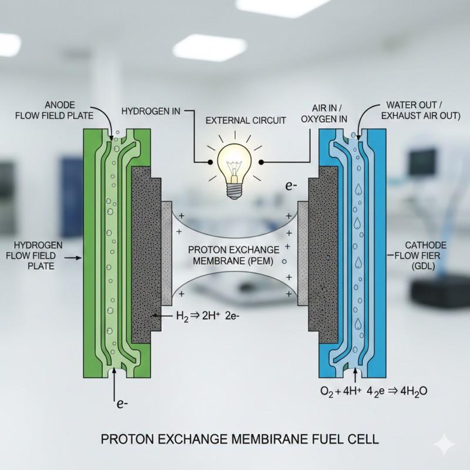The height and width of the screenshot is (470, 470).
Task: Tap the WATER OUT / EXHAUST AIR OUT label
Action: pyautogui.click(x=418, y=109)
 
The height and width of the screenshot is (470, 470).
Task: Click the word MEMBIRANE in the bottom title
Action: pyautogui.click(x=249, y=438)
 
